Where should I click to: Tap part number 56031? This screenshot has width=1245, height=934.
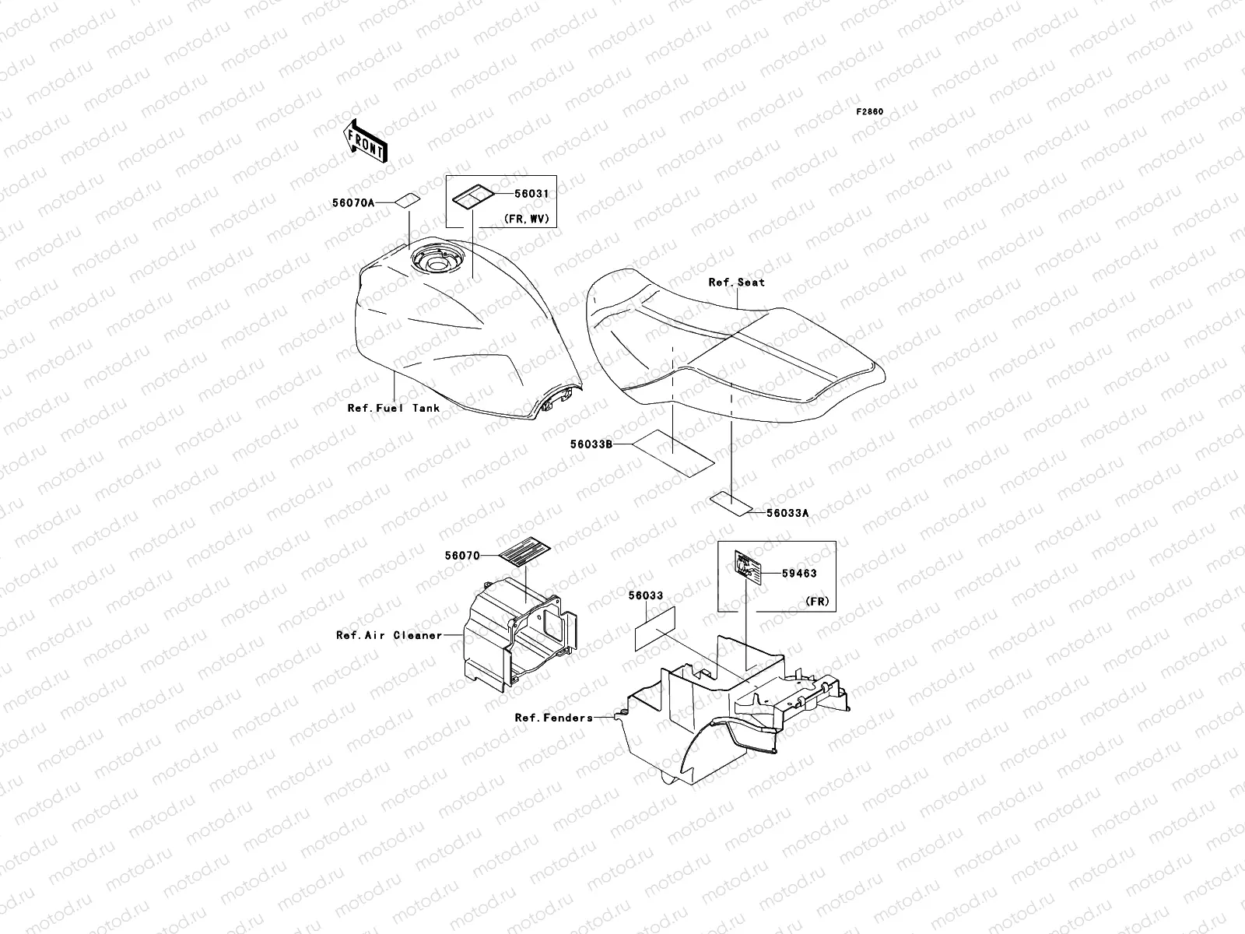point(532,193)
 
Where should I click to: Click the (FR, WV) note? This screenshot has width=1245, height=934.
point(527,219)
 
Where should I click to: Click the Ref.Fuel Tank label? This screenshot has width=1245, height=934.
point(394,408)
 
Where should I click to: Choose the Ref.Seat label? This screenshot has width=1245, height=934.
point(736,283)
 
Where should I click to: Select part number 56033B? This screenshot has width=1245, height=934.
point(591,444)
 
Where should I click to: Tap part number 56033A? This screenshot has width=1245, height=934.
point(787,513)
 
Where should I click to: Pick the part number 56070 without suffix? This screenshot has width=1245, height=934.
point(462,556)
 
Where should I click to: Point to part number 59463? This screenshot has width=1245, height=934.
point(800,574)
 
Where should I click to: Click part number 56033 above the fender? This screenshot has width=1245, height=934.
point(646,595)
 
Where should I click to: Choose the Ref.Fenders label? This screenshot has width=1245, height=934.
point(553,718)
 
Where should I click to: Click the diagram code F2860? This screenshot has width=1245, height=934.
point(870,112)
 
